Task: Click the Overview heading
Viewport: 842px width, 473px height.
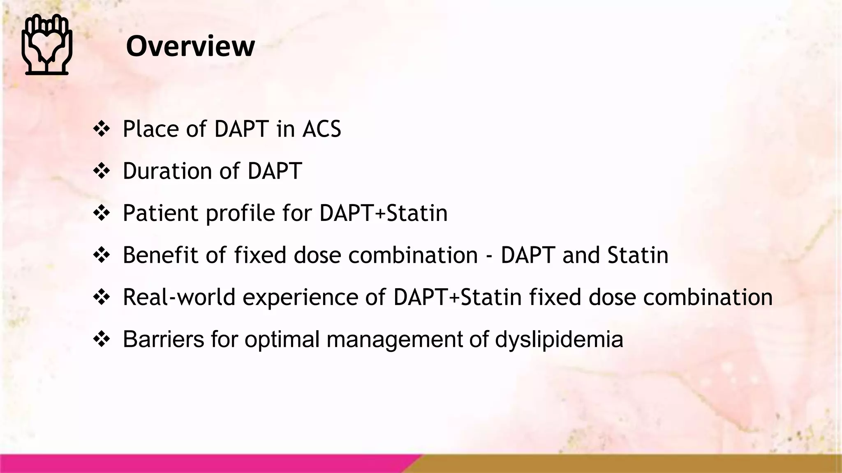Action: pyautogui.click(x=190, y=46)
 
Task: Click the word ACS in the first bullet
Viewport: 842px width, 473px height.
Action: pyautogui.click(x=322, y=129)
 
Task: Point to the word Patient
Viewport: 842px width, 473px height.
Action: pyautogui.click(x=161, y=213)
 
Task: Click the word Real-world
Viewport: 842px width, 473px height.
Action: pyautogui.click(x=179, y=297)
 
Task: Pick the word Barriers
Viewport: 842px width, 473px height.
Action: pyautogui.click(x=163, y=339)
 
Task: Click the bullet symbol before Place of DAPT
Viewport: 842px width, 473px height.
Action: pyautogui.click(x=102, y=129)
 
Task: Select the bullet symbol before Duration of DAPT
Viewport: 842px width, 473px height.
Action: pyautogui.click(x=102, y=171)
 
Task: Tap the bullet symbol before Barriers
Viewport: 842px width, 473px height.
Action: pyautogui.click(x=102, y=339)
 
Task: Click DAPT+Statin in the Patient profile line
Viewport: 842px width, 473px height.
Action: pyautogui.click(x=383, y=213)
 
